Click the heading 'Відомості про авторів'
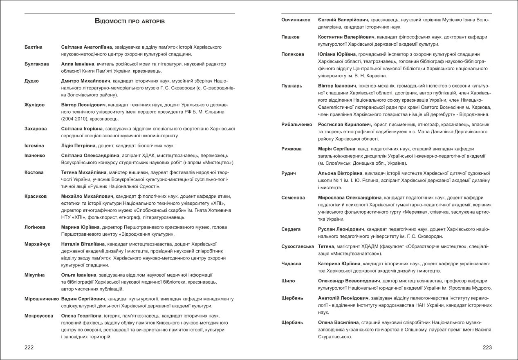(x=130, y=20)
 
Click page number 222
(x=29, y=348)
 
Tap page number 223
(x=487, y=348)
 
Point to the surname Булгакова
(x=37, y=64)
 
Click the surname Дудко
(x=31, y=81)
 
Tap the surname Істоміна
(x=35, y=145)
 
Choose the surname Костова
(x=34, y=172)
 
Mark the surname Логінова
(x=36, y=227)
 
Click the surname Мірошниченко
(x=42, y=299)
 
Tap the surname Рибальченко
(x=297, y=124)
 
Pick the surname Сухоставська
(x=298, y=246)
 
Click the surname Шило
(x=288, y=281)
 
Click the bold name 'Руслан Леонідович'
(x=341, y=229)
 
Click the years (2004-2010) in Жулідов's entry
(x=75, y=119)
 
